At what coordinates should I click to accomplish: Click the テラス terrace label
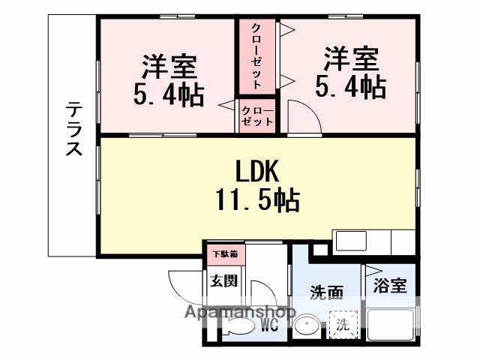point(73,129)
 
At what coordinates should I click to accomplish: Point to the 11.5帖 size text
point(259,200)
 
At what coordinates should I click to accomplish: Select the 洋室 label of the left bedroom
point(169,66)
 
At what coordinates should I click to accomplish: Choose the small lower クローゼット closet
point(257,116)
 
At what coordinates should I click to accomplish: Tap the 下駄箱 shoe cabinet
point(223,253)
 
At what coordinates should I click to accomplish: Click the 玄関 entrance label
point(223,281)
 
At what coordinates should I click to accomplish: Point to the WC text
point(271,325)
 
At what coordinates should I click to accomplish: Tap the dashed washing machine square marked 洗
point(342,325)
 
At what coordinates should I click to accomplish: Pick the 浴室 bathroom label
point(390,286)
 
